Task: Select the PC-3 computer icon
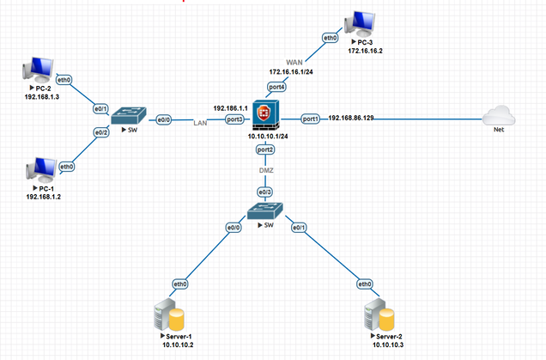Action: (x=359, y=25)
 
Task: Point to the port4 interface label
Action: (x=276, y=86)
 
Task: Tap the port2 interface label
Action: (x=265, y=149)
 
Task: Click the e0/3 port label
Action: (x=265, y=192)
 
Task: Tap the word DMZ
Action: (x=265, y=170)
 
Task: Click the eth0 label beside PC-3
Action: (x=330, y=38)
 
